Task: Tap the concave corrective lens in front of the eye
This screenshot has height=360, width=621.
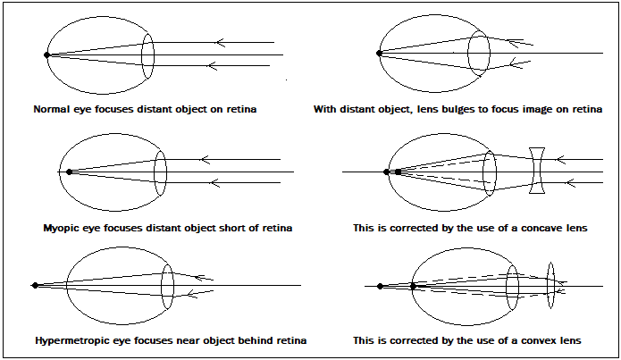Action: pyautogui.click(x=537, y=171)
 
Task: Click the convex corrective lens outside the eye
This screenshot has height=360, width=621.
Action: pyautogui.click(x=551, y=285)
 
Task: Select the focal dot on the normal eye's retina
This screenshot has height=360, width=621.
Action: pyautogui.click(x=46, y=55)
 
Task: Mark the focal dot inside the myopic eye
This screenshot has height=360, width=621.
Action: pyautogui.click(x=70, y=172)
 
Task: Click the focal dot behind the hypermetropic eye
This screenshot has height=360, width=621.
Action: pyautogui.click(x=35, y=285)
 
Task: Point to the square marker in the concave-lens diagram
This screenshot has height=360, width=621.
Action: pyautogui.click(x=398, y=172)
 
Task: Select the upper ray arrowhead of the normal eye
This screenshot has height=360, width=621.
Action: pyautogui.click(x=220, y=42)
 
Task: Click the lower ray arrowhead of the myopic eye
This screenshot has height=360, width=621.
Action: pyautogui.click(x=214, y=182)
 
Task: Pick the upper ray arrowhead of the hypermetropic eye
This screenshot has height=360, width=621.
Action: pyautogui.click(x=199, y=278)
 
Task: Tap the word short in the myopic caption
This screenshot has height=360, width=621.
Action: pyautogui.click(x=231, y=228)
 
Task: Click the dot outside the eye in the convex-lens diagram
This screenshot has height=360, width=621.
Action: pyautogui.click(x=381, y=286)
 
